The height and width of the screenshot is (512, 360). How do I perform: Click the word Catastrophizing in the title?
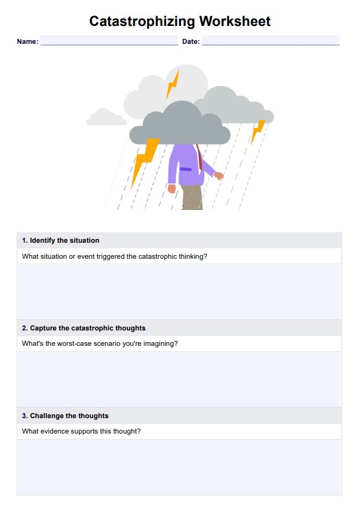[142, 22]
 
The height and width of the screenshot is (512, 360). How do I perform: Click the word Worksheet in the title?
[235, 21]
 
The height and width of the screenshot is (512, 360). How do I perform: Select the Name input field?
[109, 40]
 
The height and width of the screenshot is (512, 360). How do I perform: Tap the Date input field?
[270, 40]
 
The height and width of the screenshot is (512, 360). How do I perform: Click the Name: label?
[28, 41]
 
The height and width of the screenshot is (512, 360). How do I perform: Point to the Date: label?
[191, 41]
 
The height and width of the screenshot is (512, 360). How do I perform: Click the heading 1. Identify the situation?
[61, 240]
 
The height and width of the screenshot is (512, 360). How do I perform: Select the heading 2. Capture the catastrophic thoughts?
[84, 328]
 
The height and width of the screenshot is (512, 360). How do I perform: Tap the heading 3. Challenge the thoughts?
[65, 416]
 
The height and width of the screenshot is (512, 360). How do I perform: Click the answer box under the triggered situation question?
[179, 292]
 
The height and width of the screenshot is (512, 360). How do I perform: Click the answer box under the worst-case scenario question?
[179, 379]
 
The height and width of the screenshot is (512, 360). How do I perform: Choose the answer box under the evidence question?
[179, 467]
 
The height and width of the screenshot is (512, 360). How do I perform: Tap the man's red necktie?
[199, 157]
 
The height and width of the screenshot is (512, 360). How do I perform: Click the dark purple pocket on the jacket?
[186, 169]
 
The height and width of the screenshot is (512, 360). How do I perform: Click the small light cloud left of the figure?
[106, 117]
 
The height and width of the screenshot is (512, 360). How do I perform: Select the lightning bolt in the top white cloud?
[172, 84]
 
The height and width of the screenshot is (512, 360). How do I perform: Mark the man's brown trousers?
[192, 197]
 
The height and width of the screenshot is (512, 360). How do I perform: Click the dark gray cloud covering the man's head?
[180, 124]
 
